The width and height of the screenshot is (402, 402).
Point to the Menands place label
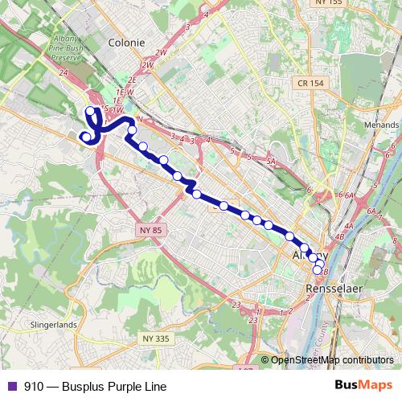click(x=383, y=125)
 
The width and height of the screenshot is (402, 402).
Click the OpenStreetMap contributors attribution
click(x=332, y=360)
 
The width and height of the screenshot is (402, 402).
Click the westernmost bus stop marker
click(x=84, y=137)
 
